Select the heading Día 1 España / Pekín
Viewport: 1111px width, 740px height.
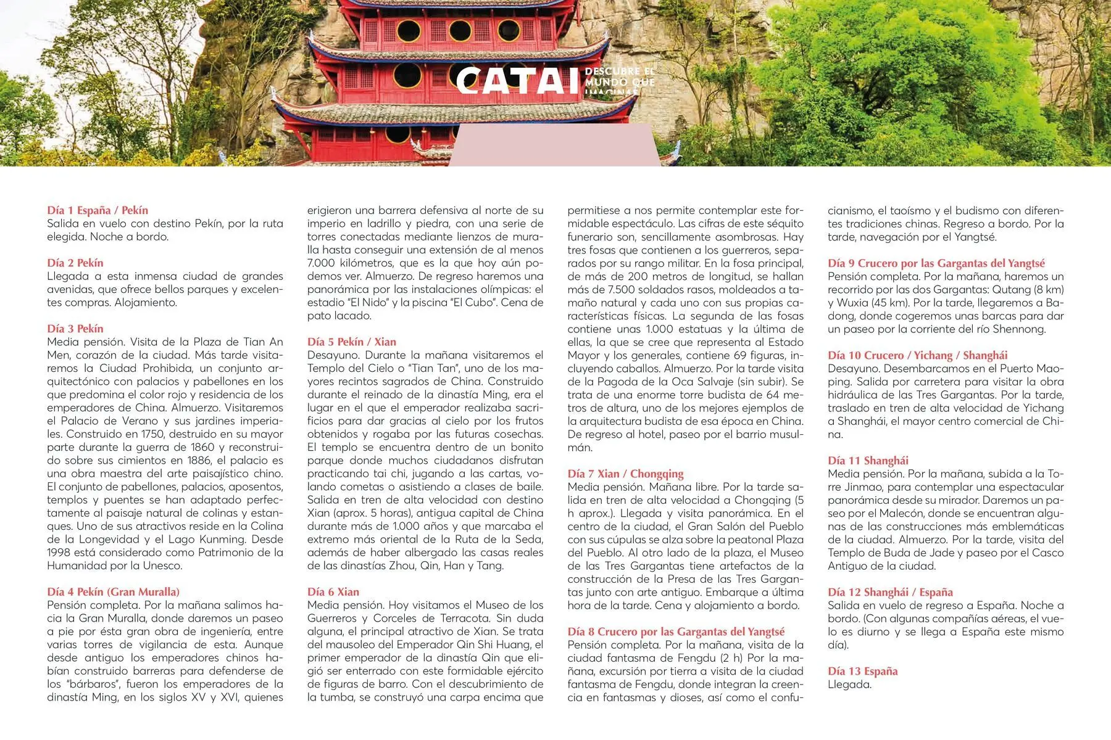[x=98, y=210]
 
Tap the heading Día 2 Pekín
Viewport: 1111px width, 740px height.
[x=75, y=263]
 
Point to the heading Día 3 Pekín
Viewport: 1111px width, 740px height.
[x=75, y=329]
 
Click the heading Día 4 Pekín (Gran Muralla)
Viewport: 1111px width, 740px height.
[x=114, y=592]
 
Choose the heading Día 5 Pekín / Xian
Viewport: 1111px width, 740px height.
[x=352, y=342]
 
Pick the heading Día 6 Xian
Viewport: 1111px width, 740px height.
[x=333, y=592]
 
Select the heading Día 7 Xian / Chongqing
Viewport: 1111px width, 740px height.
[x=626, y=474]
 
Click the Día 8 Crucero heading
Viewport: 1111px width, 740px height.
[x=676, y=631]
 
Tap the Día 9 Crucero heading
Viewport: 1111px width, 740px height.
[x=936, y=263]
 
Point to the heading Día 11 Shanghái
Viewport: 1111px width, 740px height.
[x=868, y=461]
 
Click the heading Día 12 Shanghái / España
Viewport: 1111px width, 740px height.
[x=891, y=592]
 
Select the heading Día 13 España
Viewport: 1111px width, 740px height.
[x=863, y=671]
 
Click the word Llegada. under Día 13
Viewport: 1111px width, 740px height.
[x=850, y=684]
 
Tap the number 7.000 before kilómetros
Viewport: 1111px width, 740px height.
[x=321, y=263]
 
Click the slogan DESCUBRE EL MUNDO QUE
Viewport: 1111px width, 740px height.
[x=620, y=77]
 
